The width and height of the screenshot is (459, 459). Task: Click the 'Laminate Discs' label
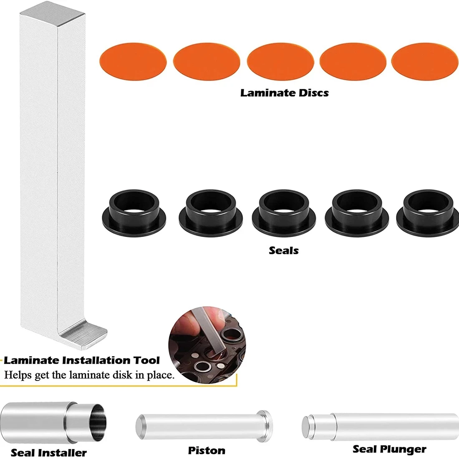point(284,93)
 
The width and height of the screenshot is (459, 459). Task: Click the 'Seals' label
point(284,250)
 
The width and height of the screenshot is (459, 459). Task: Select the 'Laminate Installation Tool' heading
point(82,360)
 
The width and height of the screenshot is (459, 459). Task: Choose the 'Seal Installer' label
point(49,452)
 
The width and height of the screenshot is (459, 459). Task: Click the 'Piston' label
point(207,450)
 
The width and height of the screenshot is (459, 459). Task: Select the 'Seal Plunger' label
point(389,449)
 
